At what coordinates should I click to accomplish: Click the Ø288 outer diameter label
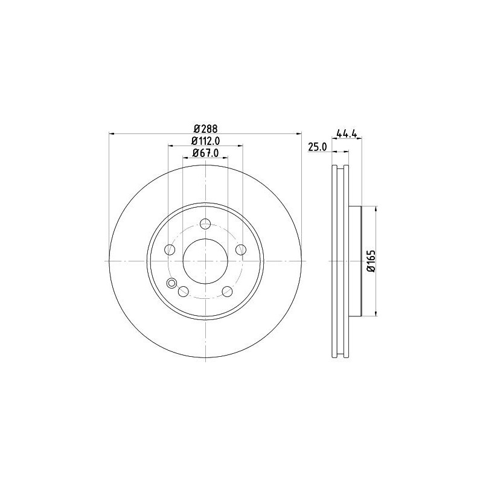205,128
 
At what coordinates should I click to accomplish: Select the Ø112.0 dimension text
205,141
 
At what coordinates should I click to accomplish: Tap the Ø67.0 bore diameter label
205,153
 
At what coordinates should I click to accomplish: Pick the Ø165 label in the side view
371,261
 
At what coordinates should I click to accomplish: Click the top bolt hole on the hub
205,223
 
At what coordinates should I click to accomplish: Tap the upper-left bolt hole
170,249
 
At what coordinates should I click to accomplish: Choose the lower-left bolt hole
184,291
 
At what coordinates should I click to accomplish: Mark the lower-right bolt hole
227,291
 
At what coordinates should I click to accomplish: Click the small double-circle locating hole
171,284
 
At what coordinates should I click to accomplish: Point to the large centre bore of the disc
205,261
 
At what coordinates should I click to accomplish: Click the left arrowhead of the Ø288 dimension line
112,134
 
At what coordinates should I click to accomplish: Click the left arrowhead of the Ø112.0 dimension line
170,146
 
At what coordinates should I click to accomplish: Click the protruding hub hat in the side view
354,261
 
